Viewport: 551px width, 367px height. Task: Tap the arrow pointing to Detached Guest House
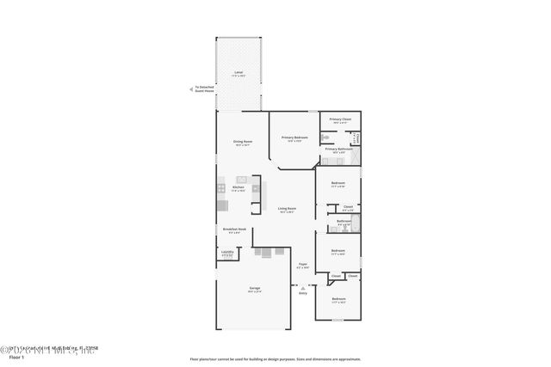[x=192, y=88]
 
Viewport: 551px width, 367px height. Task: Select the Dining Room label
[x=242, y=142]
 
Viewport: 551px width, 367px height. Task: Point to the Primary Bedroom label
[x=294, y=138]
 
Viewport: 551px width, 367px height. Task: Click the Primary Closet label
[x=341, y=119]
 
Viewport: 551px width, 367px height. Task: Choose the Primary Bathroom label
[x=337, y=149]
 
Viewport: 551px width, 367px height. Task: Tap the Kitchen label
[x=238, y=187]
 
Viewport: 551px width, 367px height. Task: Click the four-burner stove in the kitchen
[x=221, y=188]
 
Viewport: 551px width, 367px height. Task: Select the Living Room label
[x=287, y=209]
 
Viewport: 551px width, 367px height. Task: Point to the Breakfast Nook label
[x=235, y=230]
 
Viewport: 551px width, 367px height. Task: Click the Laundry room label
[x=226, y=253]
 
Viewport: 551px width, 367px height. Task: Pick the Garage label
[x=255, y=289]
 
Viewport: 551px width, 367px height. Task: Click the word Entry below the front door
[x=302, y=293]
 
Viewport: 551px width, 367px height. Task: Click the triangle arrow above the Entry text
[x=302, y=287]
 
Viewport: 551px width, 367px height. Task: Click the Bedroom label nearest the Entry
[x=338, y=300]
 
